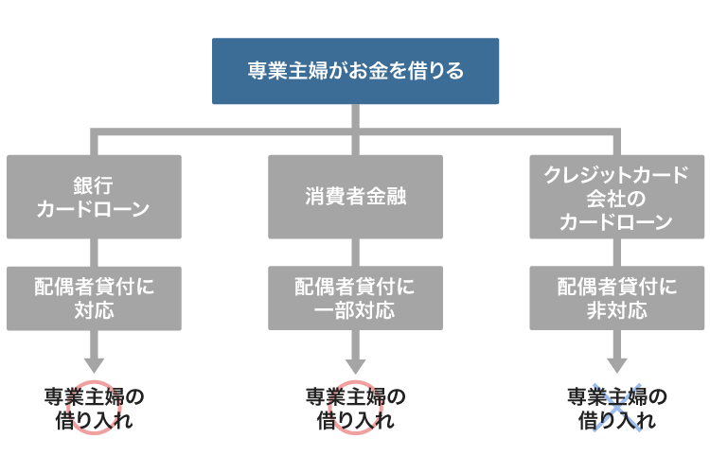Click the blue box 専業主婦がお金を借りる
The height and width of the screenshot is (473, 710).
point(355,71)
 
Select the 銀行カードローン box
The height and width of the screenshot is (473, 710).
point(93,197)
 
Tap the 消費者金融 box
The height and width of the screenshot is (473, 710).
point(355,197)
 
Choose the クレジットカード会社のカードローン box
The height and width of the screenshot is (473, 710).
point(616,197)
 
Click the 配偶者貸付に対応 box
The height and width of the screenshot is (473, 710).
point(93,298)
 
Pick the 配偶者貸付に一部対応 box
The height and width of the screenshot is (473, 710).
point(355,298)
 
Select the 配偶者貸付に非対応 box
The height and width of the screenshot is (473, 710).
point(616,298)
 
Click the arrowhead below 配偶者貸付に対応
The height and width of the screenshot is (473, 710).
point(93,363)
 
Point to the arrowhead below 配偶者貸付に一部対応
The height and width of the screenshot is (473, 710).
point(355,363)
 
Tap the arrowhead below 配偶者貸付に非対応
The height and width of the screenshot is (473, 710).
point(616,363)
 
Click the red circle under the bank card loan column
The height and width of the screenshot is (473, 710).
point(93,408)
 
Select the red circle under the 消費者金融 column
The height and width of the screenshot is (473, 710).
point(355,408)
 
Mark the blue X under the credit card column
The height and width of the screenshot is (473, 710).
point(616,408)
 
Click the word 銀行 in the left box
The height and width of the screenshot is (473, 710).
point(93,184)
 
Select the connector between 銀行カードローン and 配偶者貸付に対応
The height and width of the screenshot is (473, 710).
point(93,252)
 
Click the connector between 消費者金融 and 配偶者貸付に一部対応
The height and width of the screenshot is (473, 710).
point(355,252)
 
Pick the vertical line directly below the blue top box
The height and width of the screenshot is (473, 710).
point(355,115)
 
